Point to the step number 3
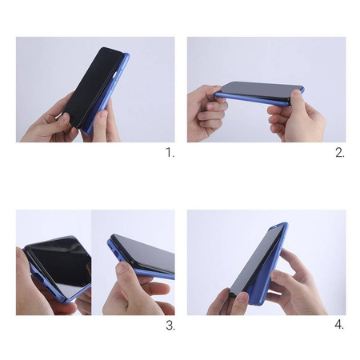coord(169,325)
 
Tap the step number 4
coord(339,325)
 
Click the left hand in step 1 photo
coord(48,124)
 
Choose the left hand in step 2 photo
coord(206,108)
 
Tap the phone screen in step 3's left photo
coord(58,264)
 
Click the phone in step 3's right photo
coord(144,256)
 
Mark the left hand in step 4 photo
coord(224,300)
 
